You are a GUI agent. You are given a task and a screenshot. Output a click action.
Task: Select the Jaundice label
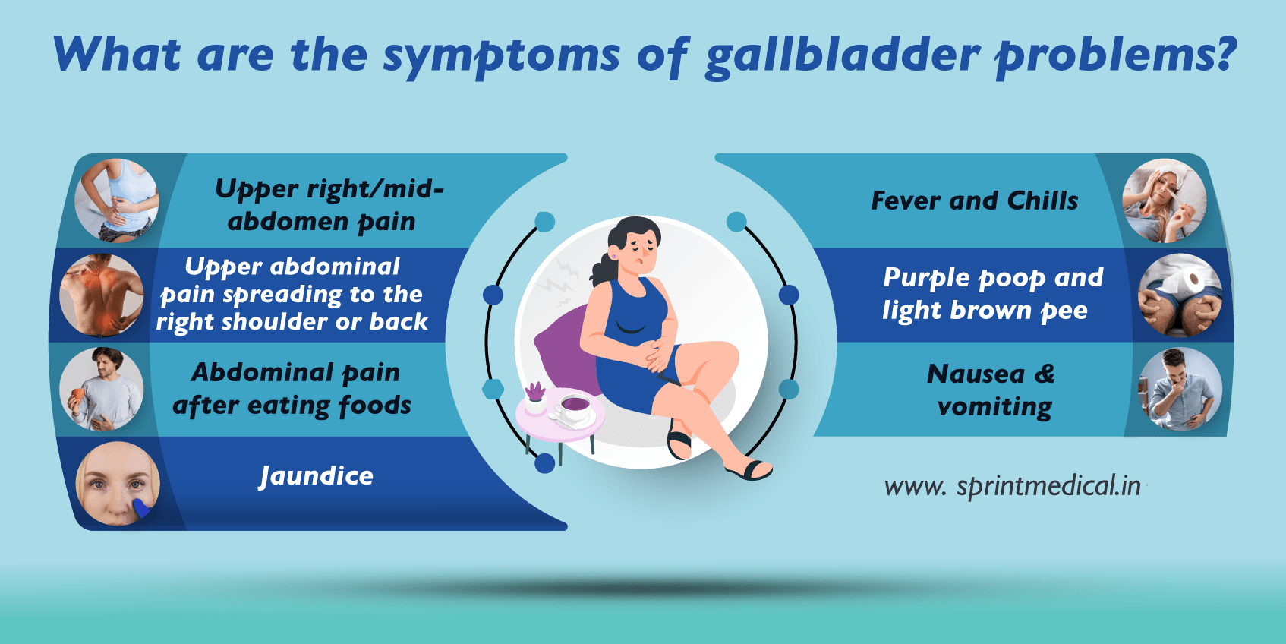pyautogui.click(x=316, y=476)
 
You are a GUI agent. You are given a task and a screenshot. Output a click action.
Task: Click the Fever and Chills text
pyautogui.click(x=974, y=200)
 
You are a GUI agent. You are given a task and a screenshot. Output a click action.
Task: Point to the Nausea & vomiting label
pyautogui.click(x=993, y=390)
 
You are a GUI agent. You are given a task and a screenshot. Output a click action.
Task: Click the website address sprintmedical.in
pyautogui.click(x=1013, y=486)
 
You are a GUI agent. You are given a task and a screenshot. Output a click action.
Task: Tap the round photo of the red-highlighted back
pyautogui.click(x=102, y=295)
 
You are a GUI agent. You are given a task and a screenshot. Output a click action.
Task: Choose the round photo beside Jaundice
pyautogui.click(x=118, y=484)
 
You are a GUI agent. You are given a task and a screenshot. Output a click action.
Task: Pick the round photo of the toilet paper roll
pyautogui.click(x=1180, y=295)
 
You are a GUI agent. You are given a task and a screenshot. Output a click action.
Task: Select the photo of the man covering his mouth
pyautogui.click(x=1180, y=390)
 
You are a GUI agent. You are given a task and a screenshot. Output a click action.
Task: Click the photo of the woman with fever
pyautogui.click(x=1164, y=200)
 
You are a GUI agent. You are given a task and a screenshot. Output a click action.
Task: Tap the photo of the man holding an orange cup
pyautogui.click(x=102, y=390)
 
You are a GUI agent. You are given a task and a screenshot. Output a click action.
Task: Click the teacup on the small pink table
pyautogui.click(x=574, y=405)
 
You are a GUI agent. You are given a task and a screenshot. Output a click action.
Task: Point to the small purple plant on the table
pyautogui.click(x=535, y=392)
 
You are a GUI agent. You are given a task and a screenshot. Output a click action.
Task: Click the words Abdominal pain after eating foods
pyautogui.click(x=293, y=389)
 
